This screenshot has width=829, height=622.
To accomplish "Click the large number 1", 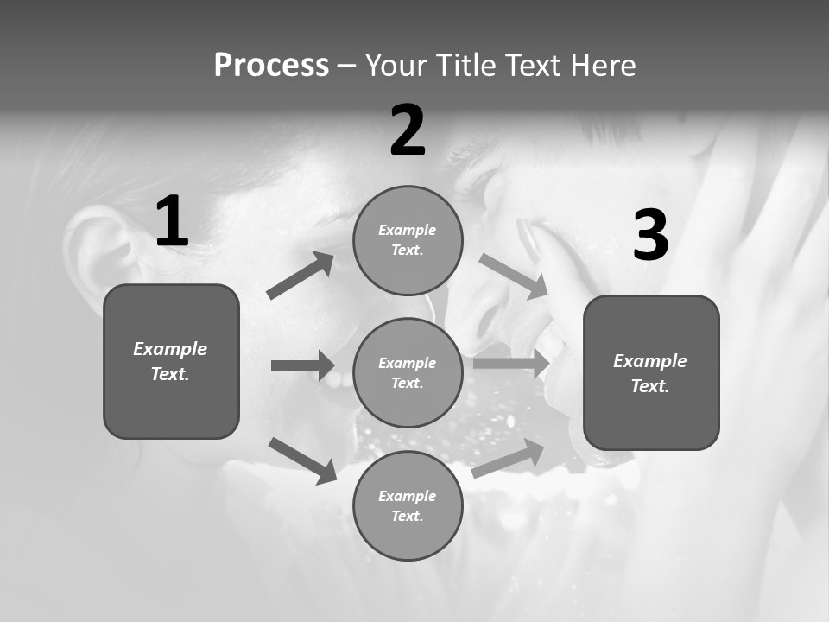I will [172, 222].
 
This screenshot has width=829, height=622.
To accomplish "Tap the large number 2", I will [408, 130].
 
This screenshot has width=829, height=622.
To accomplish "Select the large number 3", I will [650, 236].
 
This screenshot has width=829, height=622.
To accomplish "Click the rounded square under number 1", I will [171, 361].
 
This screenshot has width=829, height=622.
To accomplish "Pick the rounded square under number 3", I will [651, 372].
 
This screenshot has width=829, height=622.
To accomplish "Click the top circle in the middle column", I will [408, 240].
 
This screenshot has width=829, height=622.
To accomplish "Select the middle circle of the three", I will [408, 372].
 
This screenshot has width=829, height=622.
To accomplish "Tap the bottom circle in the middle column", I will [408, 505].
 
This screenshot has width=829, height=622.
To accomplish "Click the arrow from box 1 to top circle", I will [301, 276].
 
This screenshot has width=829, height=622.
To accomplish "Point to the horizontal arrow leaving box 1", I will [302, 365].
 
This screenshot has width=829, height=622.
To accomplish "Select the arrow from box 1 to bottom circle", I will [302, 460].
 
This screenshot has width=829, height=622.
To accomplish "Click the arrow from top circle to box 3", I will [513, 276].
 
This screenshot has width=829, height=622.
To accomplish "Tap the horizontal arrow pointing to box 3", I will [511, 363].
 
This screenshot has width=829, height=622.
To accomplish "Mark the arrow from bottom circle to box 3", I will [508, 459].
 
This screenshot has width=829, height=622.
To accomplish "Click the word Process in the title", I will [271, 65].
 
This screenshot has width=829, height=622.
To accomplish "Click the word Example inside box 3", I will [650, 361].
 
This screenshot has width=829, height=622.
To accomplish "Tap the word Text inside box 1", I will [169, 374].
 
